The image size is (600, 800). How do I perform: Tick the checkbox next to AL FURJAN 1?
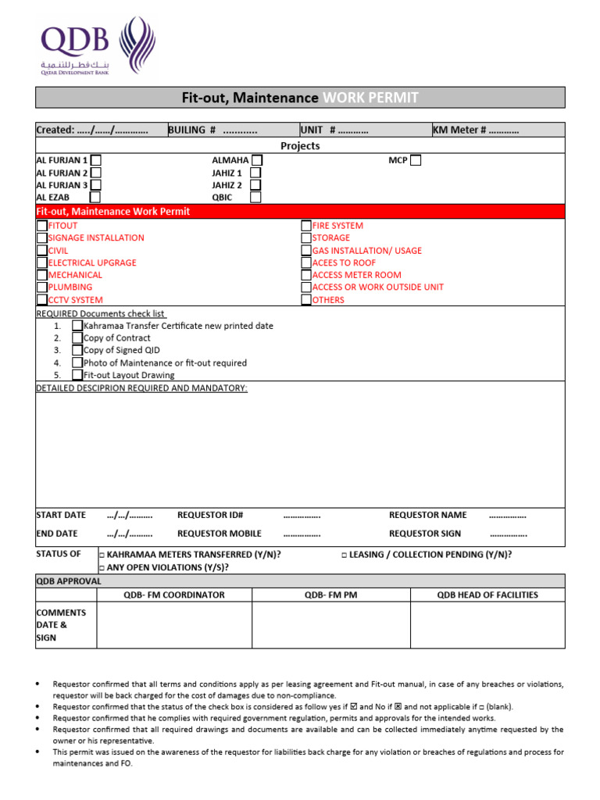(95, 160)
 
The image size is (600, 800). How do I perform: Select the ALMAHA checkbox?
(256, 160)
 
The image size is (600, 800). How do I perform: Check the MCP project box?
(416, 160)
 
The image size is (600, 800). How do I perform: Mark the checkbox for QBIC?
(255, 198)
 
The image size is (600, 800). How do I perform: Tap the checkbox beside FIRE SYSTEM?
(306, 226)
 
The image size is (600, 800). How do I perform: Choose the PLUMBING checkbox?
(42, 287)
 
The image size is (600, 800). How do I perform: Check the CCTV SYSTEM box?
(42, 300)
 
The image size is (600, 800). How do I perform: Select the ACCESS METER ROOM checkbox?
(306, 275)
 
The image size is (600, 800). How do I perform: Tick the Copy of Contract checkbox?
(77, 338)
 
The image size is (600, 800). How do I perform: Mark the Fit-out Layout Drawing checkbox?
(77, 375)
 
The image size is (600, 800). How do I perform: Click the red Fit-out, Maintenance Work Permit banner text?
(113, 212)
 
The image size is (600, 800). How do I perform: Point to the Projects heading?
(300, 146)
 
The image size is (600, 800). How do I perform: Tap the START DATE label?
(61, 515)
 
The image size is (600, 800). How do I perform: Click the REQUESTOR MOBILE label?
(219, 534)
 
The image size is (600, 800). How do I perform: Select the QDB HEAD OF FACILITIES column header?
(487, 595)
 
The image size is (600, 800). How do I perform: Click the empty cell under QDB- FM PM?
(330, 625)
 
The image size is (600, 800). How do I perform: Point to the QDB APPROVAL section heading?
(69, 581)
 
